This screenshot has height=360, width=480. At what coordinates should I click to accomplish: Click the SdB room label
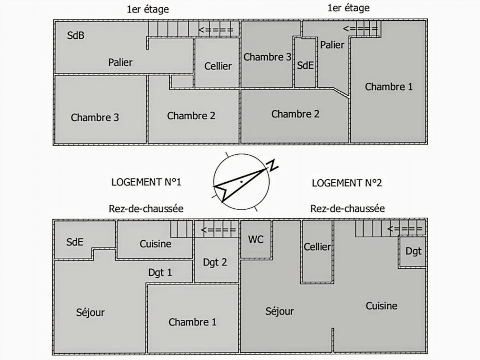point(76,36)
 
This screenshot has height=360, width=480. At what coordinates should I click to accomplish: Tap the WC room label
point(256,239)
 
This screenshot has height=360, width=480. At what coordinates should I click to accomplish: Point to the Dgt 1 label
point(160,272)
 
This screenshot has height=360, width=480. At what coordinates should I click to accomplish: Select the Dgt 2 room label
point(215,262)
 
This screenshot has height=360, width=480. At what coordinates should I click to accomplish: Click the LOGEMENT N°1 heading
point(146,182)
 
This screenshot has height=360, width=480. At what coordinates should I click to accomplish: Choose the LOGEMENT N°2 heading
point(347,183)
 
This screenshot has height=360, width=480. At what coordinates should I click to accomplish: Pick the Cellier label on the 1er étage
point(218,66)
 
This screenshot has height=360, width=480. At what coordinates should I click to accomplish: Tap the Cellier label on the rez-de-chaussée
point(317,247)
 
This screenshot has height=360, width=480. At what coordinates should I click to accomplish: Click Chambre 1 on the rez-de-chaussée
point(192,322)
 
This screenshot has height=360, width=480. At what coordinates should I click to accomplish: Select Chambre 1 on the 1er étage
point(389,87)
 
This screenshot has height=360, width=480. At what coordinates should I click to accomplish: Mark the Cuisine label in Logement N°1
point(155,244)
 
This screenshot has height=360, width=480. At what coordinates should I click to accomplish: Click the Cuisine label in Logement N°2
point(381,306)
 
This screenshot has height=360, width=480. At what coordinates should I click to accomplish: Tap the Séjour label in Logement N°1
point(91,312)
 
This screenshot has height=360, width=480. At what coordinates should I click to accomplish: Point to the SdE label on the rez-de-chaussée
point(75,242)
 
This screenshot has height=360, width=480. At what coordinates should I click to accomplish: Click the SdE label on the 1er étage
point(305,65)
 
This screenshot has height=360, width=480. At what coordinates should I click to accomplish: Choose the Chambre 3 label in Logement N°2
point(267,57)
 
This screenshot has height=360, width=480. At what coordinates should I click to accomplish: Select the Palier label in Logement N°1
point(120,62)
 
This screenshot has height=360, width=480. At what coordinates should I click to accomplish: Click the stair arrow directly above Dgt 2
point(218,230)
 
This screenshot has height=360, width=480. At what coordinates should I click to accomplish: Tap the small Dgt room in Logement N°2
point(413,251)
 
